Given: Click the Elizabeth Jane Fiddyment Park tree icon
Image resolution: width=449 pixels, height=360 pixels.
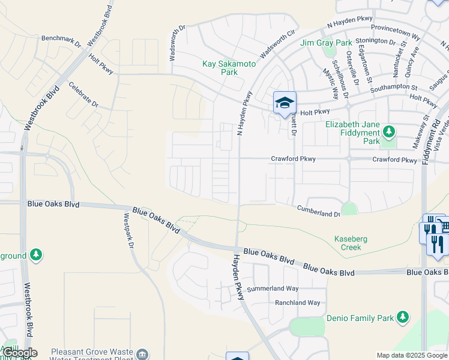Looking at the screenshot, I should [x=389, y=131].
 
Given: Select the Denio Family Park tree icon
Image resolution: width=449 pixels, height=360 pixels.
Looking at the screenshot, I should [x=402, y=316].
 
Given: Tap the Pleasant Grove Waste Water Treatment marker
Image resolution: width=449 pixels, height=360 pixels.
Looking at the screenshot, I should [x=142, y=354].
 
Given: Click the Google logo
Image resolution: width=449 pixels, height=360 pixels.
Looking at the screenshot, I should [x=19, y=353].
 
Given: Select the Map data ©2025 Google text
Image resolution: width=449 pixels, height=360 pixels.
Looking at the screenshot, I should [x=412, y=355].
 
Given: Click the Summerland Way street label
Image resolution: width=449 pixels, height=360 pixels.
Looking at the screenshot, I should [x=276, y=289].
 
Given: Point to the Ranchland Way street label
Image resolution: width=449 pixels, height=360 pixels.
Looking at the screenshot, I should [x=298, y=303].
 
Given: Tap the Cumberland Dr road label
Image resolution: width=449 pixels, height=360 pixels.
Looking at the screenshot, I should [x=319, y=211].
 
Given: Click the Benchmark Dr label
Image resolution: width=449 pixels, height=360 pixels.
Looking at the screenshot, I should [x=61, y=41].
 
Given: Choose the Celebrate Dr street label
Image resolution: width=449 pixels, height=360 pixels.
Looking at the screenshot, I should [x=83, y=94].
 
